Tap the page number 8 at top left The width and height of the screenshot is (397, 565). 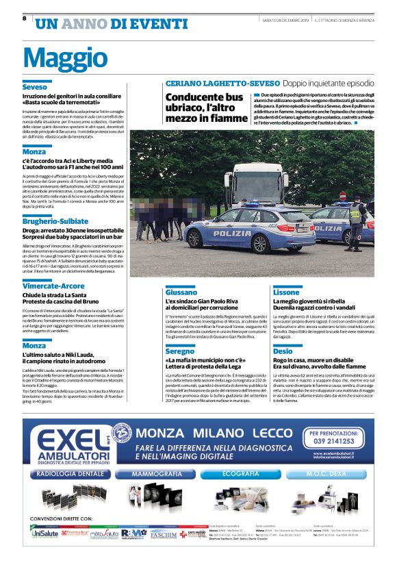tap(25, 18)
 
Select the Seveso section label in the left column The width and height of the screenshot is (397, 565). tap(34, 88)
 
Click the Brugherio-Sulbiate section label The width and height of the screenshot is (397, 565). tap(55, 222)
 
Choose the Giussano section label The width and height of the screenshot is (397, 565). tap(181, 292)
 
